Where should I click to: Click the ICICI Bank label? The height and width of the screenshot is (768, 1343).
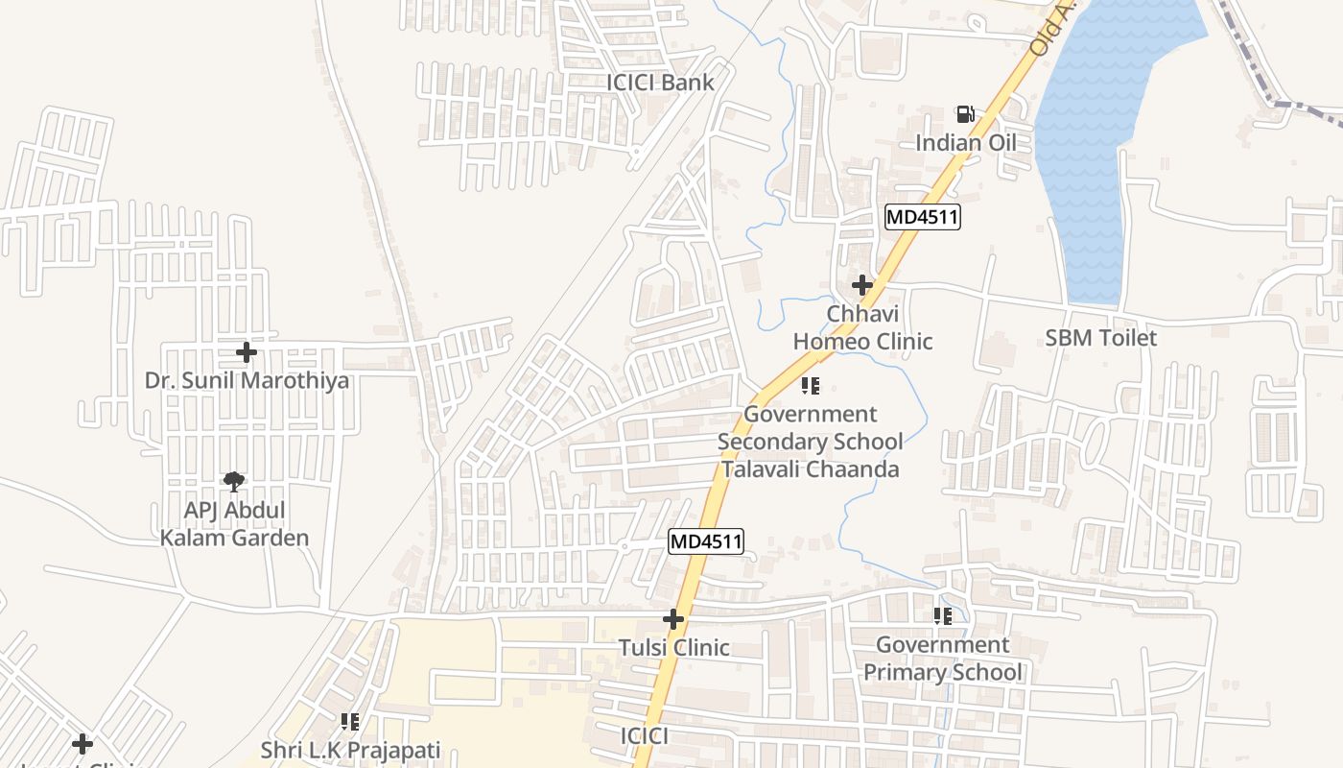(x=660, y=83)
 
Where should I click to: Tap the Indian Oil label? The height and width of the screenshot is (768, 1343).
(x=965, y=143)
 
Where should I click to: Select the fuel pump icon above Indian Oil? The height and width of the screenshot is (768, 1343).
(x=966, y=115)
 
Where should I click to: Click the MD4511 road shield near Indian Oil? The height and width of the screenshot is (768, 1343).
(x=922, y=217)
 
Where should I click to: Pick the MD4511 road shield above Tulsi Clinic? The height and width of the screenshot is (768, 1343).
(x=706, y=541)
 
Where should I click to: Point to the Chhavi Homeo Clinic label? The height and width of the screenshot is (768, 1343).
(x=862, y=327)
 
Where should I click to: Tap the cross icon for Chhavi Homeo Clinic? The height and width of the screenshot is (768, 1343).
(x=862, y=285)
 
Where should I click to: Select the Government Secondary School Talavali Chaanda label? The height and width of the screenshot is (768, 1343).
(x=811, y=442)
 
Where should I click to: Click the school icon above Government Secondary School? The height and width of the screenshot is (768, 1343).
(x=811, y=386)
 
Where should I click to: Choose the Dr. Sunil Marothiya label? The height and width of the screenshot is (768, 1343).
(x=247, y=380)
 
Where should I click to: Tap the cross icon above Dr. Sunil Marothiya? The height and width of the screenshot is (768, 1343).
(x=247, y=352)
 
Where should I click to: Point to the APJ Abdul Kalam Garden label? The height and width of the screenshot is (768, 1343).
(x=234, y=523)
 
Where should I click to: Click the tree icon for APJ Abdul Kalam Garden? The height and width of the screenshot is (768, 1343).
(x=233, y=481)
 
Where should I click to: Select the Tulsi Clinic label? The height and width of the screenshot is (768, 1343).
(x=673, y=648)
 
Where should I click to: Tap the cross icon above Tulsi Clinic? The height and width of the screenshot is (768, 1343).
(x=673, y=619)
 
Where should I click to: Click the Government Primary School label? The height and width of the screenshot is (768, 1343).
(x=943, y=658)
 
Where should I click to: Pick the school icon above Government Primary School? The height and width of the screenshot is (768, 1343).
(x=943, y=615)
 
